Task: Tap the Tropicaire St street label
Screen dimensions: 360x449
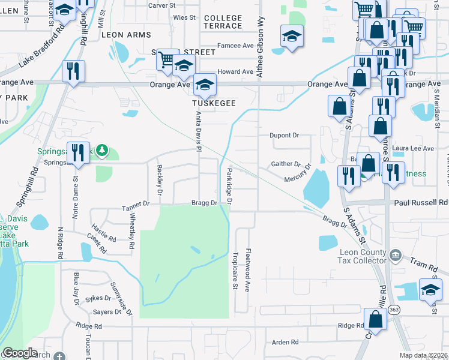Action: pyautogui.click(x=235, y=269)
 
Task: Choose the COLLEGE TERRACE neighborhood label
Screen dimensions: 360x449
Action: pyautogui.click(x=223, y=22)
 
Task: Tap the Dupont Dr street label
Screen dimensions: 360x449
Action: pyautogui.click(x=284, y=135)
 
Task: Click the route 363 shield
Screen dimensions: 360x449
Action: pyautogui.click(x=393, y=309)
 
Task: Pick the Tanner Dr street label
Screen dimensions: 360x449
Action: pyautogui.click(x=135, y=204)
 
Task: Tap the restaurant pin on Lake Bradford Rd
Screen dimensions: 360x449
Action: pyautogui.click(x=74, y=71)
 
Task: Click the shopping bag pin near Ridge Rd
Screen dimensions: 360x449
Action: pyautogui.click(x=376, y=320)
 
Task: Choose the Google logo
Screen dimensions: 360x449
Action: pyautogui.click(x=20, y=353)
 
